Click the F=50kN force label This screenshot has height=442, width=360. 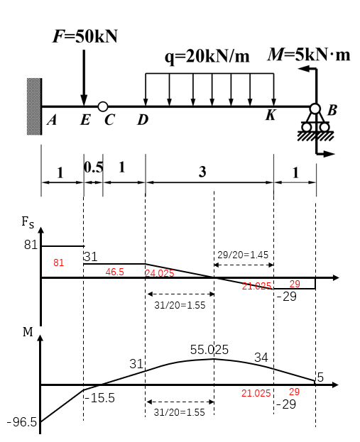click(x=85, y=36)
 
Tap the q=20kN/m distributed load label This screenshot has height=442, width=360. click(x=207, y=56)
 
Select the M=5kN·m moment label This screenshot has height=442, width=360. click(x=309, y=55)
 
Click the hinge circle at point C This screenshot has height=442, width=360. click(x=103, y=106)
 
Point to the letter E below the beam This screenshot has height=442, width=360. click(x=85, y=120)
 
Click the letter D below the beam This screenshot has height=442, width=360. click(x=143, y=120)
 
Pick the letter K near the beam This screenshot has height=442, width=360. click(x=271, y=115)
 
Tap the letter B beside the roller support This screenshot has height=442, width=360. click(x=332, y=110)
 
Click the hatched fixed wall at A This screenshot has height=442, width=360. click(x=34, y=106)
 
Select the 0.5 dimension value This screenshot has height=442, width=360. click(x=94, y=167)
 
